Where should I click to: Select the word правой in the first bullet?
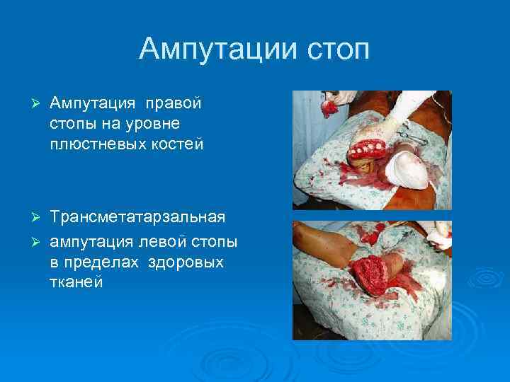pos(174,104)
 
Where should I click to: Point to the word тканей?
pos(76,282)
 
